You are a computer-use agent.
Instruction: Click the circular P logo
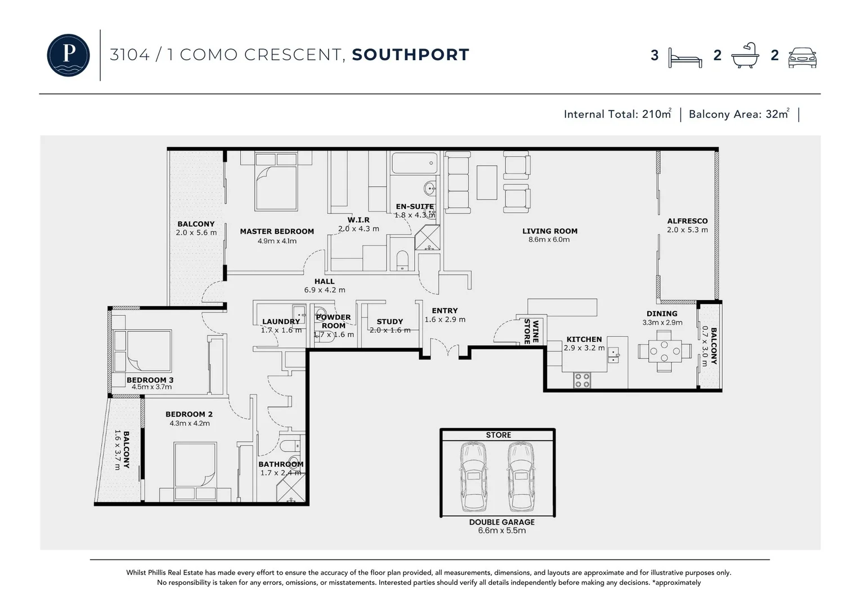[68, 55]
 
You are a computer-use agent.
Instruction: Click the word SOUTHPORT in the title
[410, 55]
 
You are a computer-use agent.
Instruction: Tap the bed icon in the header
[684, 57]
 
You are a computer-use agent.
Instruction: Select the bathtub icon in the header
[745, 55]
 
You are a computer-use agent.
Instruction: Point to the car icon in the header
[802, 57]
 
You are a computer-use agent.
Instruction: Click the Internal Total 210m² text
[617, 114]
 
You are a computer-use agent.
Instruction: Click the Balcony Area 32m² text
[738, 114]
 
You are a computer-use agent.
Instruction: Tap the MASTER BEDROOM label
[276, 231]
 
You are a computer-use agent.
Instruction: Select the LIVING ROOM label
[549, 231]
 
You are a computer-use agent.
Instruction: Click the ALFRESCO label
[687, 221]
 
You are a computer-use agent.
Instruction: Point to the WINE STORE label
[531, 332]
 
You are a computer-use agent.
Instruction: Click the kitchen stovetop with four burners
[582, 381]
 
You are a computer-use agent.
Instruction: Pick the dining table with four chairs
[664, 351]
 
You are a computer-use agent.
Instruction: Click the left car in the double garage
[473, 476]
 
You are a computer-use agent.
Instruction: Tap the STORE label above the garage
[498, 435]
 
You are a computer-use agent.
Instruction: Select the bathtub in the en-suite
[414, 163]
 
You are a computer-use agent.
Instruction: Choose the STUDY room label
[389, 321]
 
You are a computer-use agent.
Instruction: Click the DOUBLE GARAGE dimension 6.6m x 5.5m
[501, 531]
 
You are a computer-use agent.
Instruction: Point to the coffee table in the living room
[487, 182]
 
